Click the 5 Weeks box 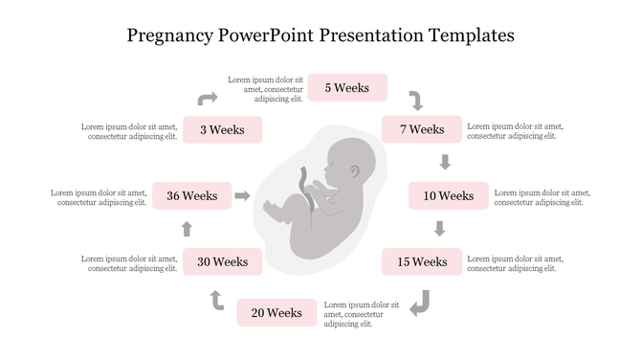coord(346,87)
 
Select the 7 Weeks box coord(422,129)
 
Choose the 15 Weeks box coord(422,261)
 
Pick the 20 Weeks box coord(277,312)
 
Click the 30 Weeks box coord(222,261)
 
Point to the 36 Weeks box coord(192,195)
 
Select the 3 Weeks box coord(222,129)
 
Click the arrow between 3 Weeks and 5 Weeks coord(208,98)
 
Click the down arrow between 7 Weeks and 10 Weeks coord(444,161)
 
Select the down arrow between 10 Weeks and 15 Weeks coord(440,228)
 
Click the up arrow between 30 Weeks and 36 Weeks coord(187,228)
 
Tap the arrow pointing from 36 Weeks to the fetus coord(243,195)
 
